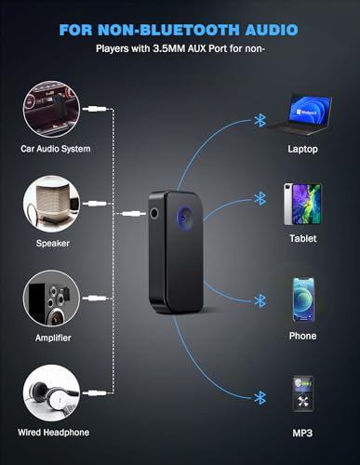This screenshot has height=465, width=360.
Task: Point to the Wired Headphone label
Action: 53,432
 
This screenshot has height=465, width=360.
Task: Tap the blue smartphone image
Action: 303,299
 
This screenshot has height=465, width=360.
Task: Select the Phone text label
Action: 303,336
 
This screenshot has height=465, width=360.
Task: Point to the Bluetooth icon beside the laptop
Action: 258,120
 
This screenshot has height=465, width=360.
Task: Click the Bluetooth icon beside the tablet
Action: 258,198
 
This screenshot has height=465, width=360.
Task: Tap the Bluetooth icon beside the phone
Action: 258,300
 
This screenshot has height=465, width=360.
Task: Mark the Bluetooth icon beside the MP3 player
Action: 258,396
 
